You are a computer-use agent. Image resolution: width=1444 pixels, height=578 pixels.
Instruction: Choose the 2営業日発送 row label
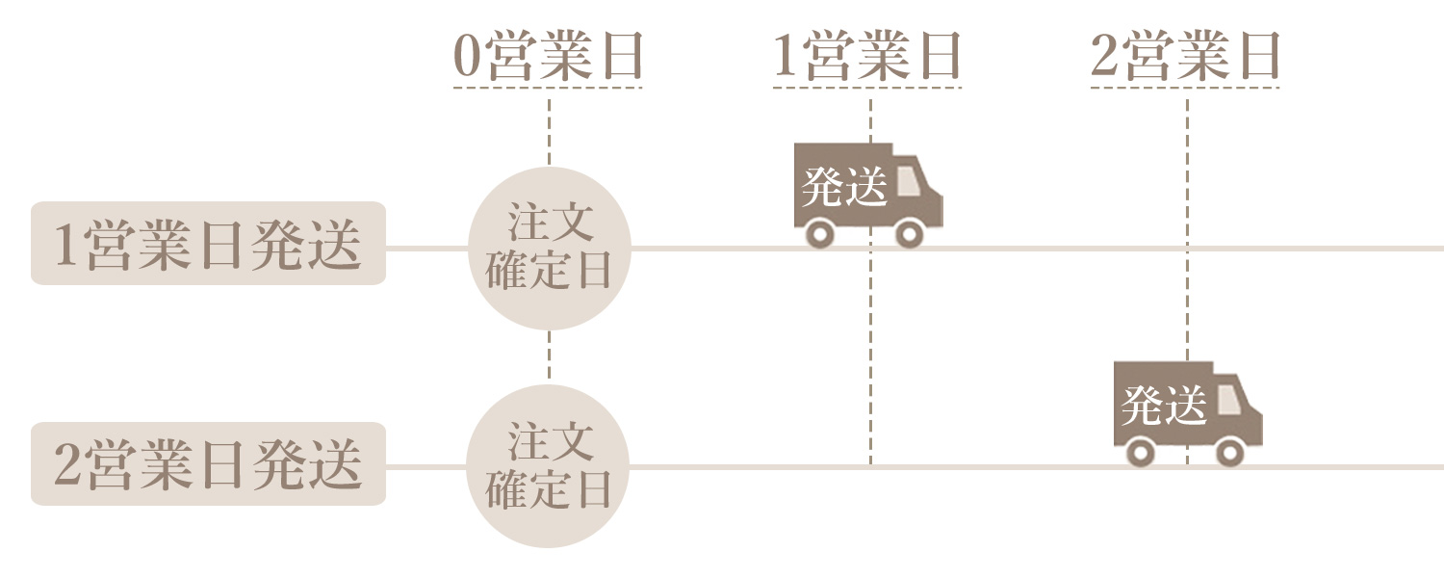click(x=208, y=463)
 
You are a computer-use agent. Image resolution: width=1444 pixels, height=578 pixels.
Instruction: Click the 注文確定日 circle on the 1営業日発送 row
click(x=549, y=249)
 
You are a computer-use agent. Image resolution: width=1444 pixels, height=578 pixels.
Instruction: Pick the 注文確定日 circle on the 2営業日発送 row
click(x=548, y=466)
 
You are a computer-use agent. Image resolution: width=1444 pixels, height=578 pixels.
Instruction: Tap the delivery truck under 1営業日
click(x=867, y=193)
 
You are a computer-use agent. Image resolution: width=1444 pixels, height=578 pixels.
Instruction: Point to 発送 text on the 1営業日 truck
click(x=843, y=187)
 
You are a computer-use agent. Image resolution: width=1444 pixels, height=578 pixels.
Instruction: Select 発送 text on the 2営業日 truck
click(x=1163, y=406)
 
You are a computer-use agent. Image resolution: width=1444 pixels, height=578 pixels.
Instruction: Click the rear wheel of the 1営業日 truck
click(x=820, y=233)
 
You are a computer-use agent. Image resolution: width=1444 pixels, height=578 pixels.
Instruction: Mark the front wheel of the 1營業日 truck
click(x=909, y=233)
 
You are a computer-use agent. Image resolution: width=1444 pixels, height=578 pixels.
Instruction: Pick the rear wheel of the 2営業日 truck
click(x=1141, y=452)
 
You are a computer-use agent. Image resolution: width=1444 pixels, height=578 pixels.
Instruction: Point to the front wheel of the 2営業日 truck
click(x=1228, y=452)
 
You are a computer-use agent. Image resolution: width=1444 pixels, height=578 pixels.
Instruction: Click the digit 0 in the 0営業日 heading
click(x=467, y=58)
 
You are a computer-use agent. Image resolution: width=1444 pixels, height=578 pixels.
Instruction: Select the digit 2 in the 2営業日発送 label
click(x=67, y=465)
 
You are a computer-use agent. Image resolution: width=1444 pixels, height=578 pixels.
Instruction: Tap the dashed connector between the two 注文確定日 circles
click(x=549, y=356)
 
